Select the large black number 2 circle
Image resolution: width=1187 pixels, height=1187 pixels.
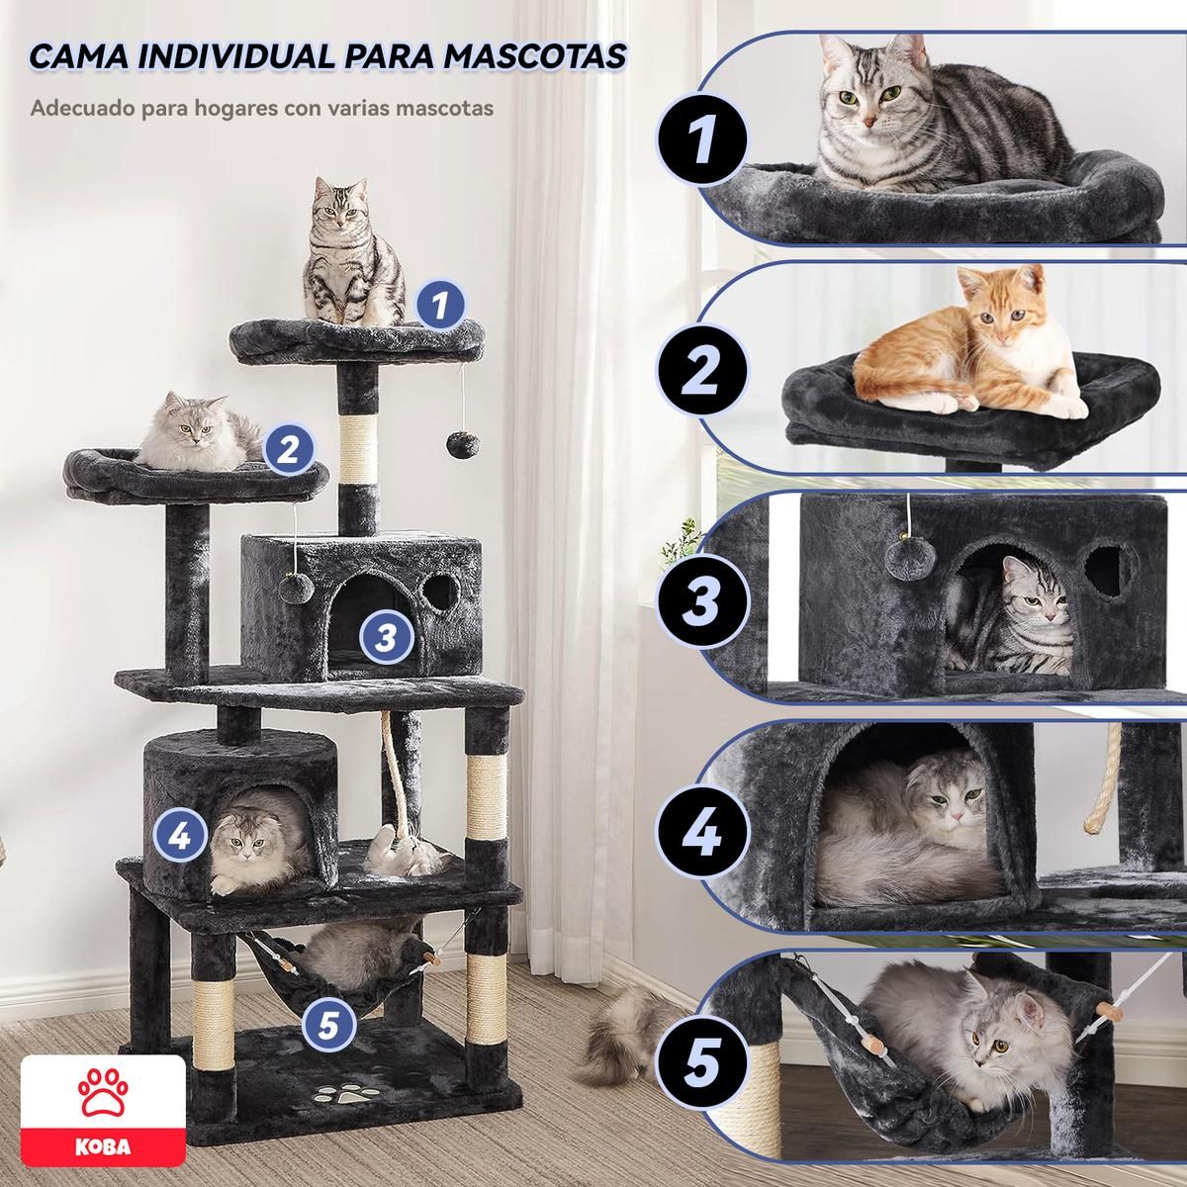pyautogui.click(x=701, y=369)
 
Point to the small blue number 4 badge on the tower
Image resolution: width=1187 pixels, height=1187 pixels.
pyautogui.click(x=179, y=836)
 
